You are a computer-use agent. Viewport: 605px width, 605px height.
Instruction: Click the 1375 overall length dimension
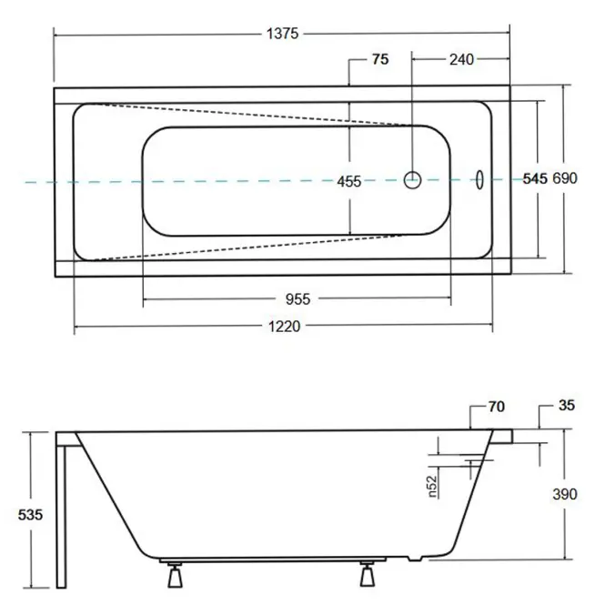(282, 34)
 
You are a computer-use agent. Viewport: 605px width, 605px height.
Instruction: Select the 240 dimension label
(461, 59)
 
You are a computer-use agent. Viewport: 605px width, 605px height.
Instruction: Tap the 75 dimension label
(380, 59)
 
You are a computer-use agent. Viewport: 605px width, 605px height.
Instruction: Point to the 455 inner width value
(348, 181)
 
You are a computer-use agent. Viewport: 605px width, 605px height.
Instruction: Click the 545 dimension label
(535, 178)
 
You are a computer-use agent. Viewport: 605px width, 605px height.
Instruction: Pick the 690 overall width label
(565, 178)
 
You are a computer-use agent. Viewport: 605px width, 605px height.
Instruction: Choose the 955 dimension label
(297, 299)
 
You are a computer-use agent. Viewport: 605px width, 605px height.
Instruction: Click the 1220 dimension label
(285, 327)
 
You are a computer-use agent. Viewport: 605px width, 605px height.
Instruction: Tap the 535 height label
(30, 515)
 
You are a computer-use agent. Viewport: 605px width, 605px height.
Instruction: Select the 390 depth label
(565, 494)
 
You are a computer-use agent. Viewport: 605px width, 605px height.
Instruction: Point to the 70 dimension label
(497, 407)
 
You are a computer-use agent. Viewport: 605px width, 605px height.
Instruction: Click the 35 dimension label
(567, 405)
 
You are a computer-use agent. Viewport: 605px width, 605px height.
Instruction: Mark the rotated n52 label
(432, 486)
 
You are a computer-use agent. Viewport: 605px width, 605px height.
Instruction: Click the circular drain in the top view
(412, 180)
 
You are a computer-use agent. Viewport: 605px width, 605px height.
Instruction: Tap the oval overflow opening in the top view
(479, 180)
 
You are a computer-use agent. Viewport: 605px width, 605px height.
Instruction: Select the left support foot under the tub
(176, 575)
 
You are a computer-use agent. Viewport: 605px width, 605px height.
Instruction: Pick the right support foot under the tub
(368, 574)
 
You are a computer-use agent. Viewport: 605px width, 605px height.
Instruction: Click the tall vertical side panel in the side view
(61, 517)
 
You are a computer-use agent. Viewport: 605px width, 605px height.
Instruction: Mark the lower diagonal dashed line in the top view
(247, 247)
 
